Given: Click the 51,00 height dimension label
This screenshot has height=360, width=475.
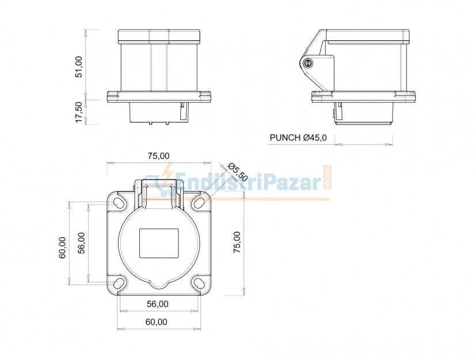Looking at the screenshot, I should click(x=79, y=66).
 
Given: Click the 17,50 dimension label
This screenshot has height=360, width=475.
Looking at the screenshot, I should click(x=79, y=112).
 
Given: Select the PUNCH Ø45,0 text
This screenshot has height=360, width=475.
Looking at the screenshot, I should click(x=298, y=138).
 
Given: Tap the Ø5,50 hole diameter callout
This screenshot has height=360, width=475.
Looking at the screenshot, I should click(x=237, y=172).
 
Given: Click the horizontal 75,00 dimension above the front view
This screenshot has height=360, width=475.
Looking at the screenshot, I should click(x=158, y=156).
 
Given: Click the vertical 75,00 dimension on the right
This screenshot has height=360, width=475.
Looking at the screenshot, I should click(x=237, y=241).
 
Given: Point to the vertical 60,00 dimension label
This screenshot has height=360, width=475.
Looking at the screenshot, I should click(x=62, y=248).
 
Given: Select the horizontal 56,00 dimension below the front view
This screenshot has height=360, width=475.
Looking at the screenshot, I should click(x=158, y=304).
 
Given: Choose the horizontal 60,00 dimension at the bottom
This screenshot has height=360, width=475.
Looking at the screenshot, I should click(x=157, y=322).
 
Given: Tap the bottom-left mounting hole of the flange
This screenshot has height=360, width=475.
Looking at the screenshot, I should click(x=119, y=283).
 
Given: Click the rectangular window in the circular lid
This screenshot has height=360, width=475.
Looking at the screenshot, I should click(x=159, y=242).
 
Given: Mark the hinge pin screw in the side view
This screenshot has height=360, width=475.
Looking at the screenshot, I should click(x=308, y=63).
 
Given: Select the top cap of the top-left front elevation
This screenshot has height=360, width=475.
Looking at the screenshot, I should click(x=160, y=37).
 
